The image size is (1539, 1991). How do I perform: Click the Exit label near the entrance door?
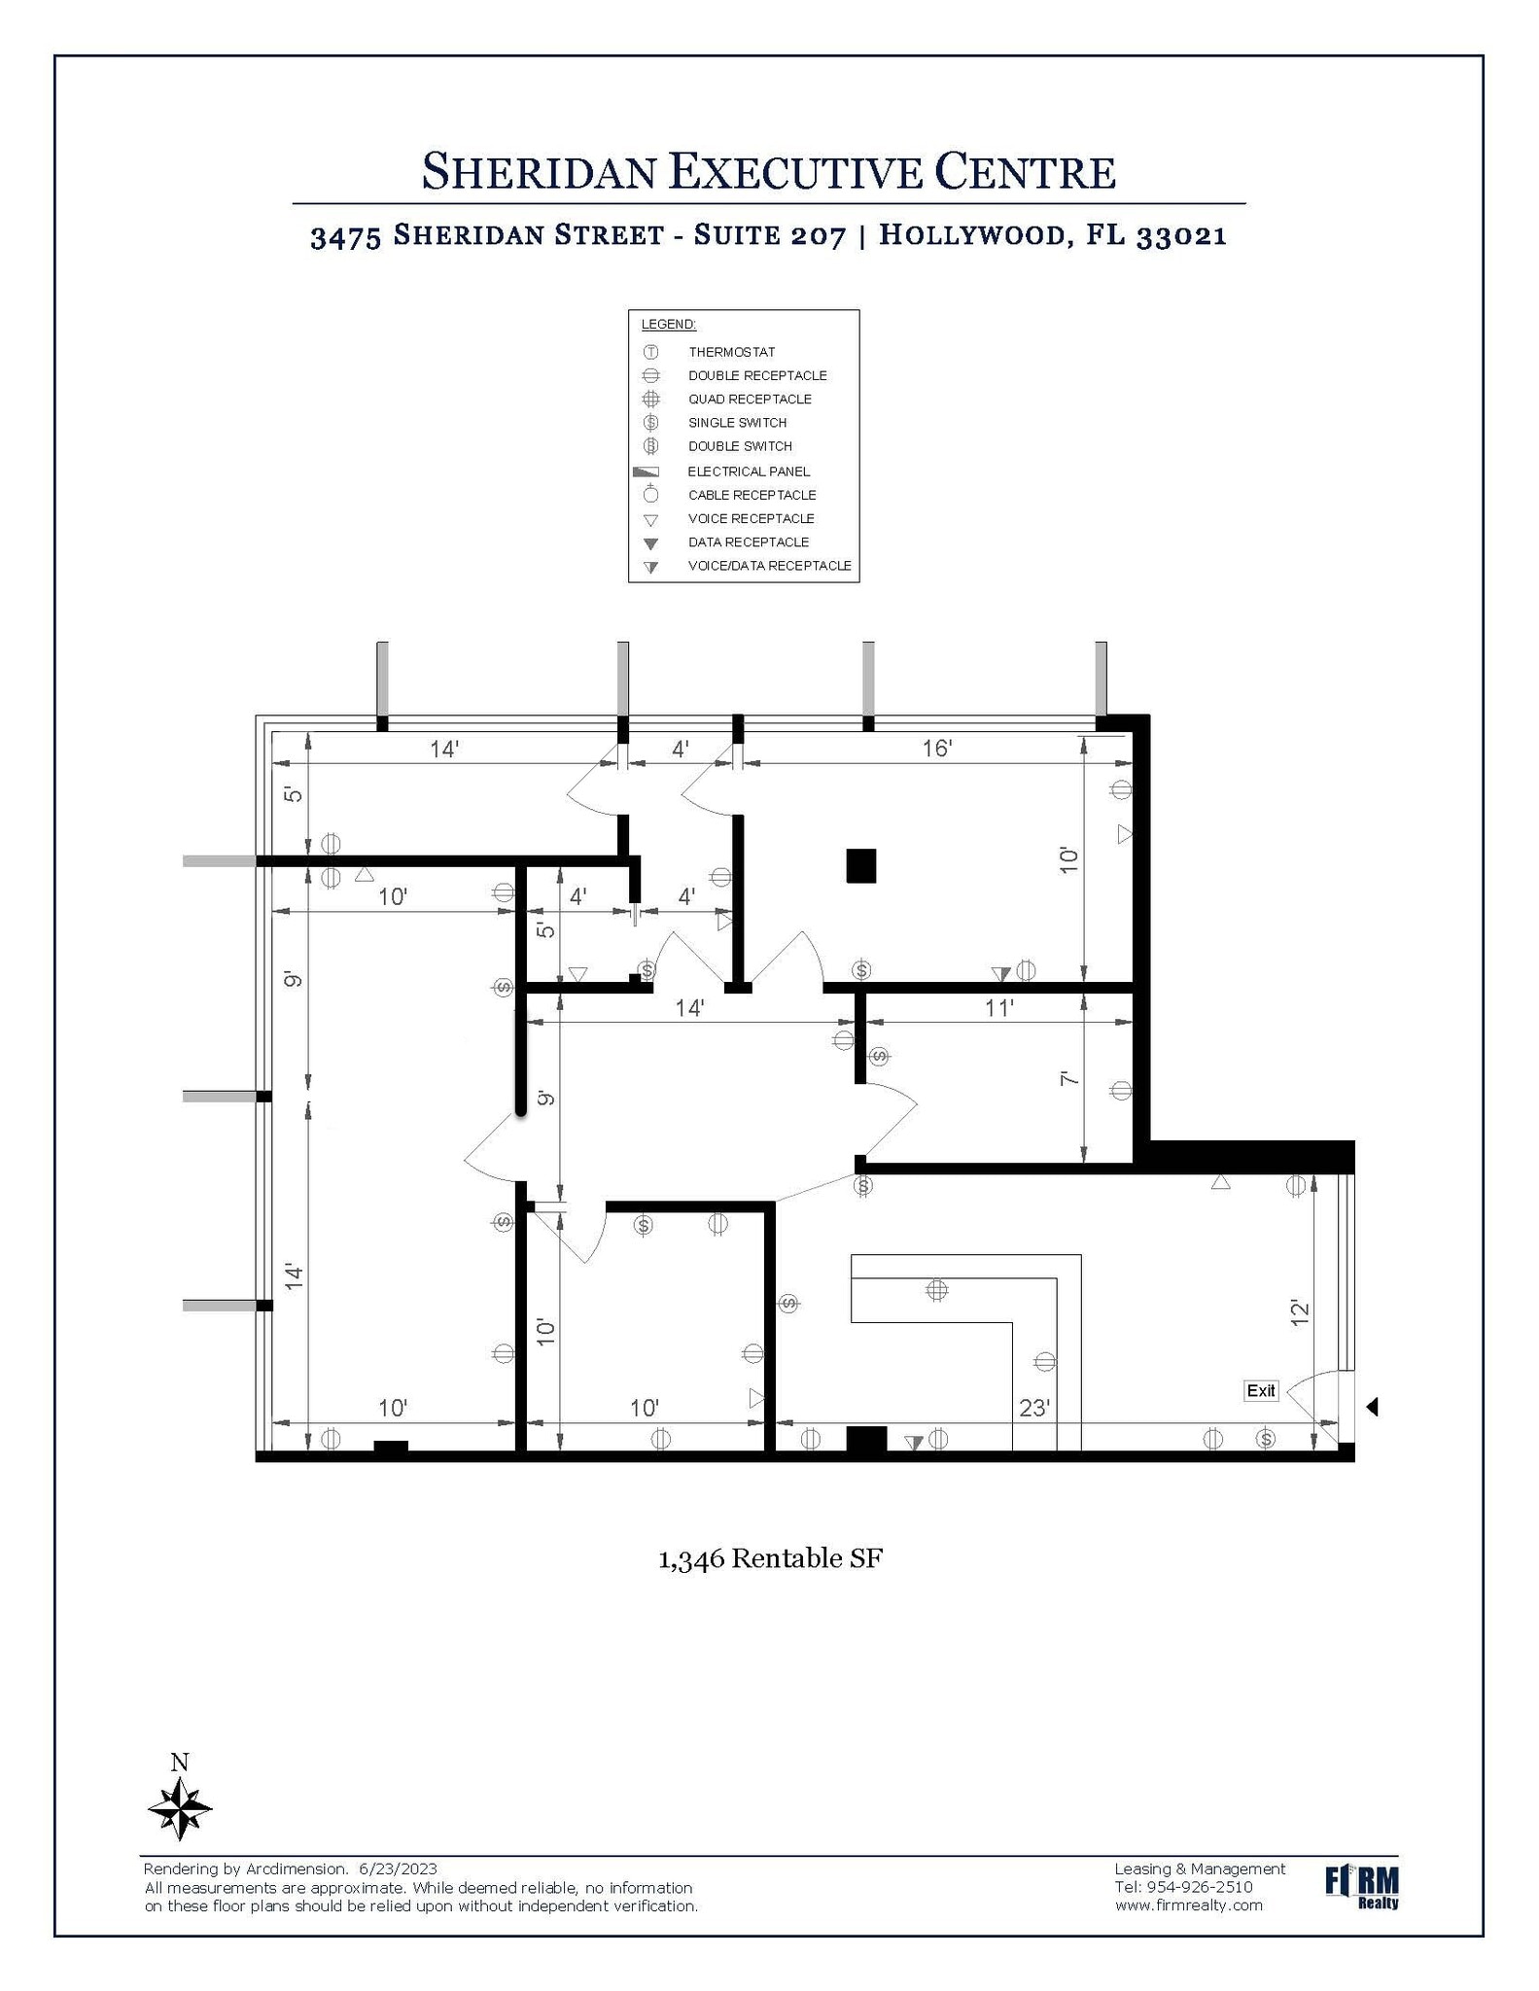click(x=1260, y=1390)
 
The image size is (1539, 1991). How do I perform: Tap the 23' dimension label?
click(x=1034, y=1408)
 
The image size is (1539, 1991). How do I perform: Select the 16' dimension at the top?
click(x=937, y=749)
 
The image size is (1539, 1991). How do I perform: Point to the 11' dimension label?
click(x=999, y=1008)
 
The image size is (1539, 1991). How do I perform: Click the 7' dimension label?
click(x=1069, y=1079)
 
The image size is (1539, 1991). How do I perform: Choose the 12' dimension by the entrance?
click(x=1300, y=1313)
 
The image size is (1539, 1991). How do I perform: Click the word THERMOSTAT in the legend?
click(x=732, y=352)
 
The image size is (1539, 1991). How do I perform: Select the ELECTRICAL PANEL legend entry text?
click(x=749, y=472)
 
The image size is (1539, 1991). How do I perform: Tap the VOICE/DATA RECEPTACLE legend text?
click(x=769, y=566)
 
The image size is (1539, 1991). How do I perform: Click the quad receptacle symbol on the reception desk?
click(x=936, y=1290)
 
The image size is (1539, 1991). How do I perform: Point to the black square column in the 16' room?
click(x=860, y=865)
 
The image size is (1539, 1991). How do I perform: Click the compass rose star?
click(x=180, y=1809)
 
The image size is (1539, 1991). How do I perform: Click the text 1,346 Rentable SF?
click(x=770, y=1558)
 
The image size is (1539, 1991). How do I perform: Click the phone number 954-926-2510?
click(x=1198, y=1887)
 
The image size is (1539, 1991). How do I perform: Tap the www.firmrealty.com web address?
click(x=1189, y=1905)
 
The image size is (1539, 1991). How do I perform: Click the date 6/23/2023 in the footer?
click(x=398, y=1869)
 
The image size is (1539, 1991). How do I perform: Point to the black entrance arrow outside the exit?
click(x=1372, y=1407)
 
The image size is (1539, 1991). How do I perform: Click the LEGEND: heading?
click(x=669, y=324)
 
